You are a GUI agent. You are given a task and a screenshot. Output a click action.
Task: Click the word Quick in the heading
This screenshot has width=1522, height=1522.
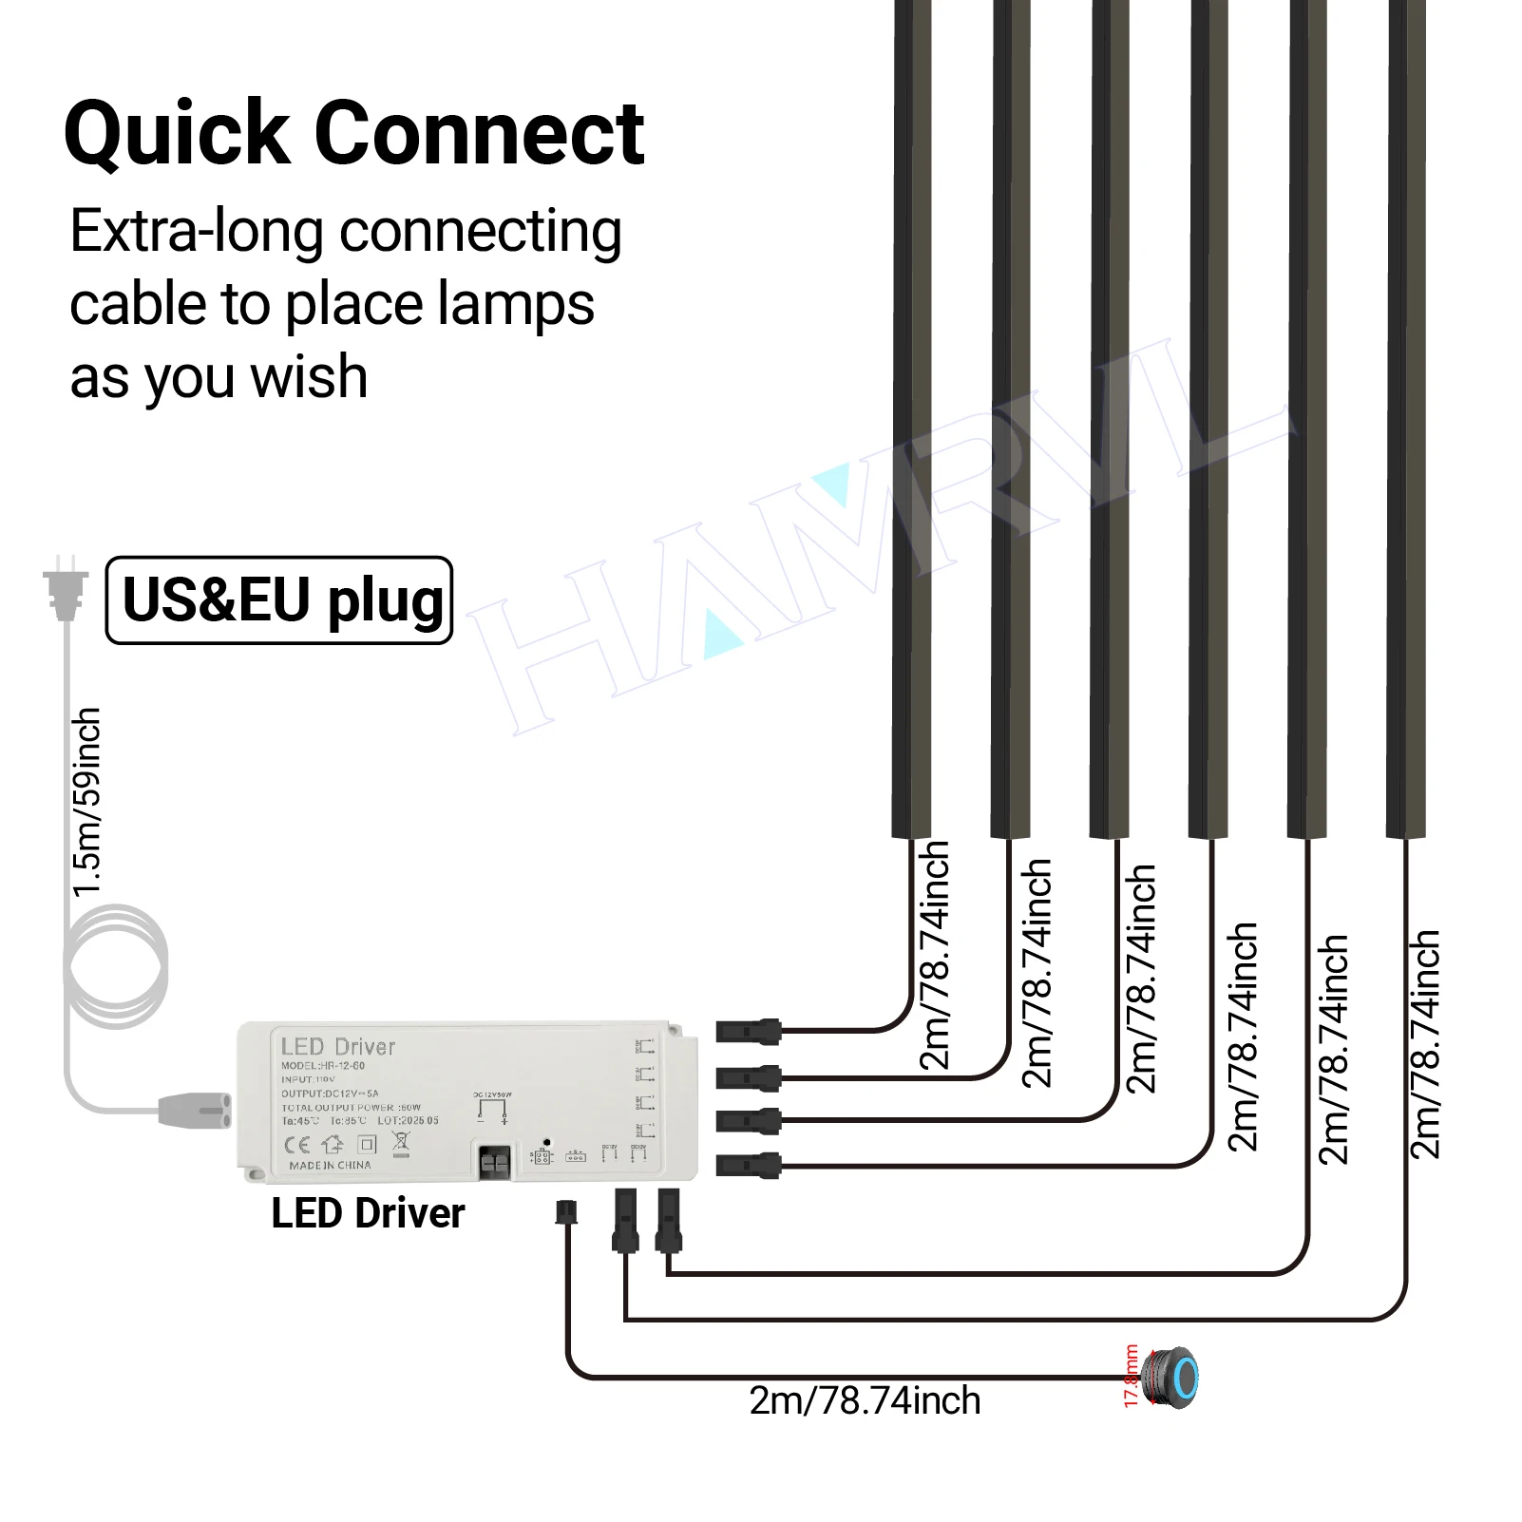177,135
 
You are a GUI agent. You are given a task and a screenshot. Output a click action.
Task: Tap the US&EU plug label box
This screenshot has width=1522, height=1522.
279,600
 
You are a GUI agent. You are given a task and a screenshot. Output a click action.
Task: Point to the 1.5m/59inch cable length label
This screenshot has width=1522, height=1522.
86,802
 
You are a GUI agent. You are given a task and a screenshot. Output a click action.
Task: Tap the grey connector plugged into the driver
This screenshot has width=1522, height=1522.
195,1110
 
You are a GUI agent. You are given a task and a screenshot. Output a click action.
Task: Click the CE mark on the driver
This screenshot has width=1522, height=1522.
297,1144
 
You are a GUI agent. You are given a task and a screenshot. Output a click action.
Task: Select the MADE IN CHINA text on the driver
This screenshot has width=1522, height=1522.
330,1166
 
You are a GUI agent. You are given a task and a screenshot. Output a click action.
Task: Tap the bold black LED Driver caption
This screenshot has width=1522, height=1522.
368,1214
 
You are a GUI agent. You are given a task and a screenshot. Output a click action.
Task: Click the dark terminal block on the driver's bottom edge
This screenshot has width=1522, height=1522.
494,1162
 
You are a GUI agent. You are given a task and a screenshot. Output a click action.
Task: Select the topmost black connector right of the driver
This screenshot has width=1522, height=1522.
748,1031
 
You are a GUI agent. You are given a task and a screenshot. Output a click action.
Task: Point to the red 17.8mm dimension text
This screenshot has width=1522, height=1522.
1131,1376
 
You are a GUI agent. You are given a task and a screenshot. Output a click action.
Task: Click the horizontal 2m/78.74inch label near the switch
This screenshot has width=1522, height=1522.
865,1401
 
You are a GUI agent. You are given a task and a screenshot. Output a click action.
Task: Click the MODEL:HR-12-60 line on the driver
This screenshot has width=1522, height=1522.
322,1066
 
